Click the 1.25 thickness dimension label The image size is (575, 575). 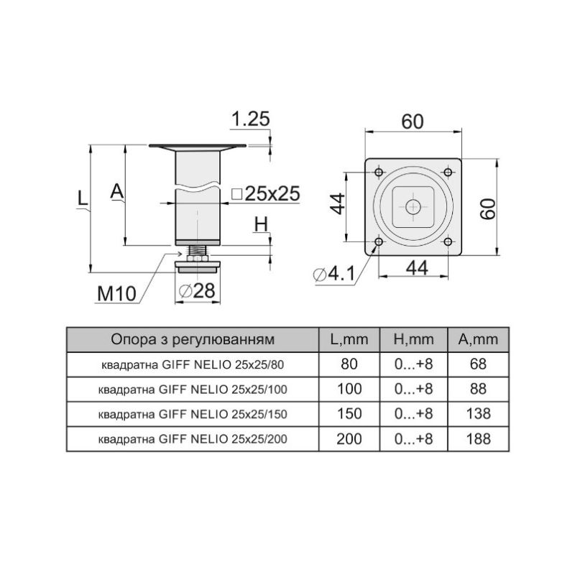click(251, 119)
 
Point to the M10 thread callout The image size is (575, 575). click(116, 293)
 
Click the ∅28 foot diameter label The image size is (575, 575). click(197, 291)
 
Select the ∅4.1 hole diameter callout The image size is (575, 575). click(334, 274)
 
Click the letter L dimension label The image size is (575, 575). click(83, 198)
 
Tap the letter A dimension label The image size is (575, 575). click(117, 191)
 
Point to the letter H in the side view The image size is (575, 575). click(261, 224)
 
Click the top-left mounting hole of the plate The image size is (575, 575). click(379, 172)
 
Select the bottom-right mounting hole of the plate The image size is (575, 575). click(448, 242)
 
